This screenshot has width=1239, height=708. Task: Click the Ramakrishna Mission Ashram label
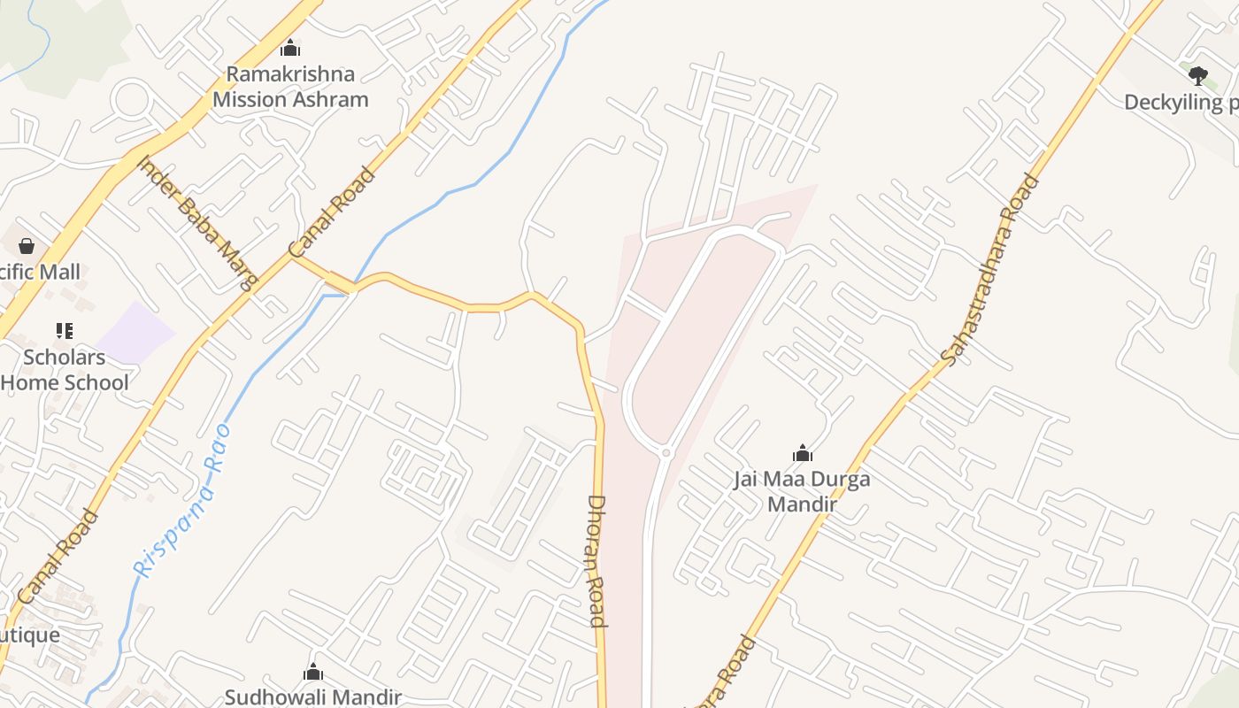tap(290, 87)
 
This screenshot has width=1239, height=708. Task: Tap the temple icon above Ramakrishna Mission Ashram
tap(290, 48)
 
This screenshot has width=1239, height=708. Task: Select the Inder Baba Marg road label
tap(197, 222)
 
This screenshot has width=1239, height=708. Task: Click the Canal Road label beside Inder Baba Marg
tap(333, 212)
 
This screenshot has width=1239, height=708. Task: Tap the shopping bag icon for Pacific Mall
tap(27, 245)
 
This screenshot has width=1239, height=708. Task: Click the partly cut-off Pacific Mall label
tap(39, 272)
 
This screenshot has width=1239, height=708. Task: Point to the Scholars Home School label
tap(65, 370)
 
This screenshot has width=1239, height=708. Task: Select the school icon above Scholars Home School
tap(64, 331)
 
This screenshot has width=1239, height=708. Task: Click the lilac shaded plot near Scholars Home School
tap(135, 334)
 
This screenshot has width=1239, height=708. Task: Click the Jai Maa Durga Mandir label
tap(802, 491)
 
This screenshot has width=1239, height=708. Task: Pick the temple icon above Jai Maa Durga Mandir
tap(803, 453)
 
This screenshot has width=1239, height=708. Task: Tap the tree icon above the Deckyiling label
tap(1198, 75)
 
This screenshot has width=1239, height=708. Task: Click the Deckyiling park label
tap(1181, 103)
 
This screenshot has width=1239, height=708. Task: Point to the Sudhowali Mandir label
tap(313, 696)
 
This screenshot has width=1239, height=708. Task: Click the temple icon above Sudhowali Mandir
tap(313, 673)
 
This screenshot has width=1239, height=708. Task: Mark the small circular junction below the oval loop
tap(666, 453)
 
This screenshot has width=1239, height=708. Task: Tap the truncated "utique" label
tap(30, 635)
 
